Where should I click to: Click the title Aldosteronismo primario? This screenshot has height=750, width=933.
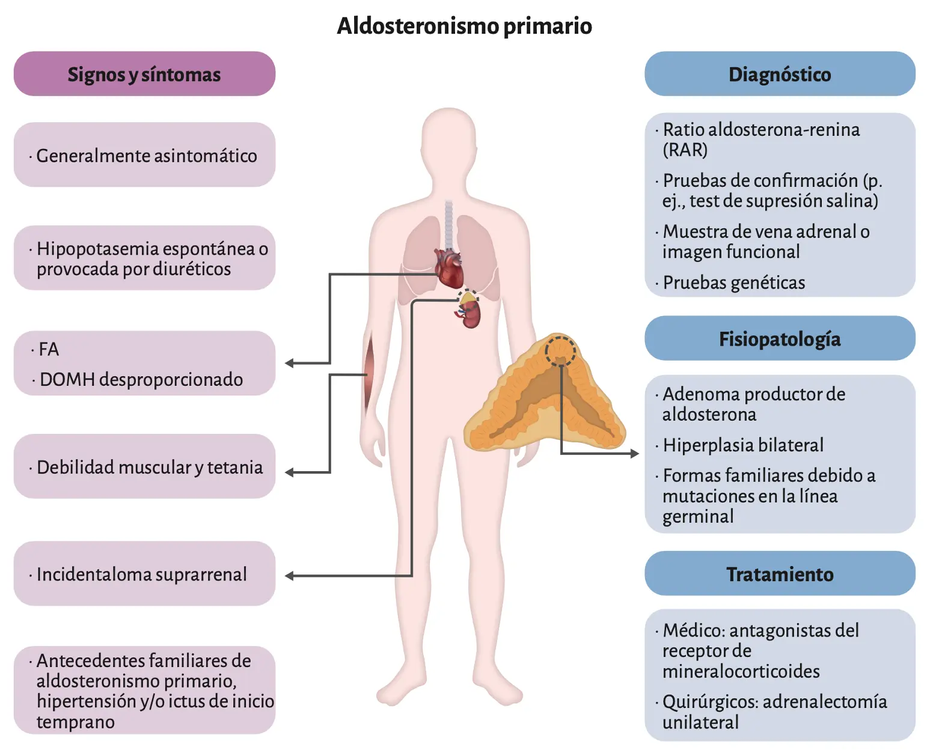[x=464, y=26]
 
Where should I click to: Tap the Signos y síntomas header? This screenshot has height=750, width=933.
[x=144, y=74]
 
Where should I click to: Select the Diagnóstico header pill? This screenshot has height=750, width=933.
[x=780, y=74]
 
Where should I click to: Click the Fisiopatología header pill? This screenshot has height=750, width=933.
[x=780, y=338]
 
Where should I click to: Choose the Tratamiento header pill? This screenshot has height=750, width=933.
[x=780, y=573]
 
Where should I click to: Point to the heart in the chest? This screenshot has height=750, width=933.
[x=449, y=268]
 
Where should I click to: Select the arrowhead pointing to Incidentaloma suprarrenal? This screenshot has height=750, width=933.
[x=289, y=576]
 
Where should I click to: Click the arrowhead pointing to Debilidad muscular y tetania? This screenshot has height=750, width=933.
[x=289, y=472]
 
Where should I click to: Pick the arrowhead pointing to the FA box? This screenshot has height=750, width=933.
[x=289, y=363]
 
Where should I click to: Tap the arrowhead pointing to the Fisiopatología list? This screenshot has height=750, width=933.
[x=634, y=454]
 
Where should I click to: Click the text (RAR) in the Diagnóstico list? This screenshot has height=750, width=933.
[x=685, y=150]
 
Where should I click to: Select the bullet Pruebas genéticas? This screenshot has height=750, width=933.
[x=730, y=282]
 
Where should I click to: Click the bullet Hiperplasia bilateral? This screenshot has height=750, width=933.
[x=739, y=445]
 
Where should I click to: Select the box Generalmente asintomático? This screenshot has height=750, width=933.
[x=144, y=154]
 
